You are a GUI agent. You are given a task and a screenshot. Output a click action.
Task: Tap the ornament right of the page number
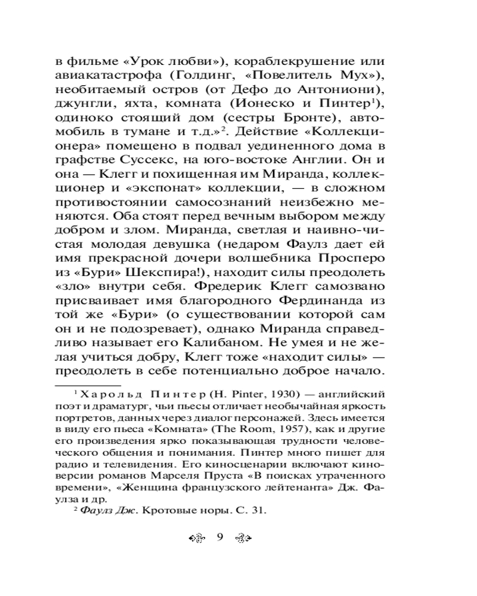(x=242, y=537)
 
